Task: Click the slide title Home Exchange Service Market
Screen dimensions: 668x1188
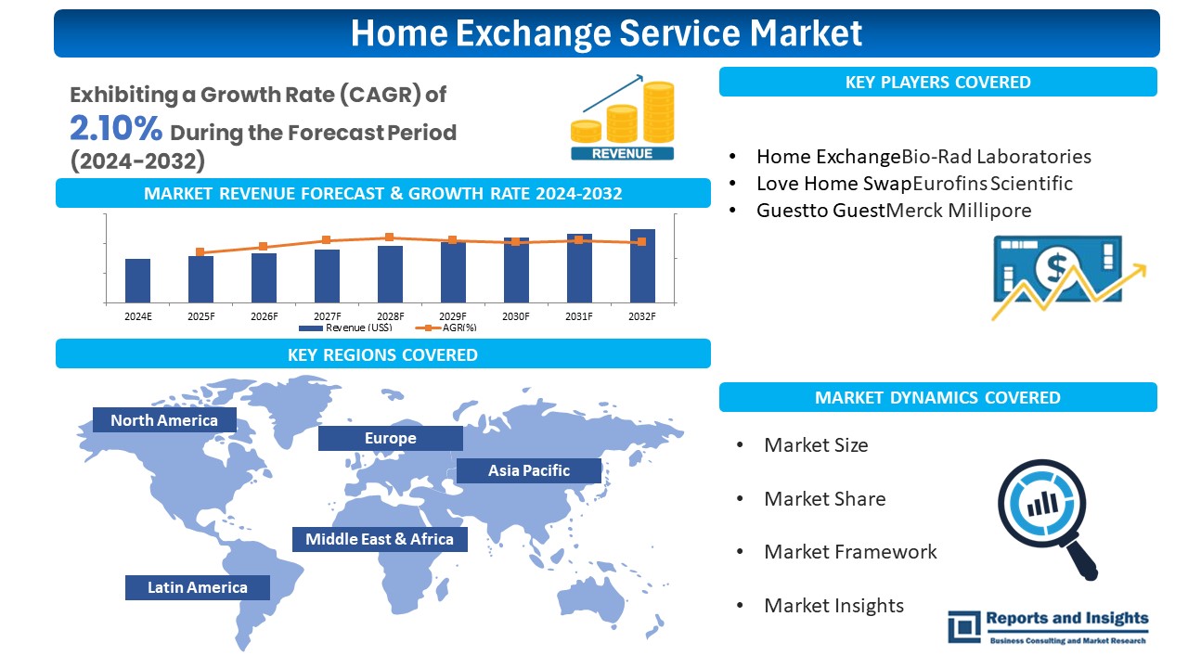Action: [606, 33]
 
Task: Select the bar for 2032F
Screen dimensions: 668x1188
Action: [642, 265]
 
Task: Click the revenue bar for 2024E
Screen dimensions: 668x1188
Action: [137, 280]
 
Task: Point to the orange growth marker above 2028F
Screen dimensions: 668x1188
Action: [390, 238]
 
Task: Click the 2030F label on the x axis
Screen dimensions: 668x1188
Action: [516, 316]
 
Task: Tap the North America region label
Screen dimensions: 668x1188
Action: [164, 420]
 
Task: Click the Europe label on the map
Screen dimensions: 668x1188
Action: [390, 438]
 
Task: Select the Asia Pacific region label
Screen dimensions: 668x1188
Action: [529, 470]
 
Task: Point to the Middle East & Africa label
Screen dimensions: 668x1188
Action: [380, 539]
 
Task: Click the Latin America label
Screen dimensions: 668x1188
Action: [198, 587]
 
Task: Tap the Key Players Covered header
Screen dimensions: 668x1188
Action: [937, 82]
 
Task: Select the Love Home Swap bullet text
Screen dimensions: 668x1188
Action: [833, 184]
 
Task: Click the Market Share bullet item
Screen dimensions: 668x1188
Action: [824, 499]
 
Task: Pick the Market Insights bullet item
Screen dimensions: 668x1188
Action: [833, 606]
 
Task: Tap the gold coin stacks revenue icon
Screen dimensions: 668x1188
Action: [623, 121]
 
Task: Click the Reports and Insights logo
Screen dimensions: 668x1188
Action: [1048, 626]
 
